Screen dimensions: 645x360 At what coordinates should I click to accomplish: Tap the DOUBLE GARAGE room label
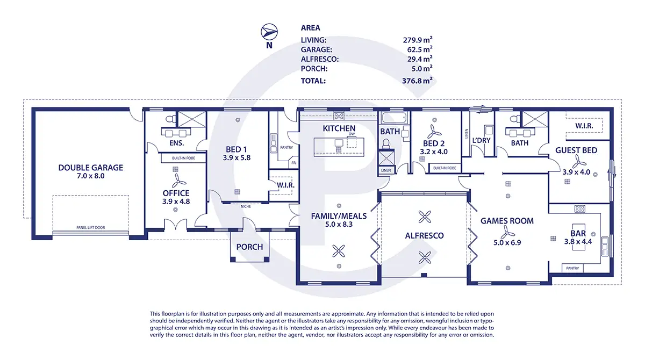(x=91, y=168)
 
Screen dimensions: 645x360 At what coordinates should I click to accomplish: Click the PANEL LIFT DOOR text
(x=90, y=228)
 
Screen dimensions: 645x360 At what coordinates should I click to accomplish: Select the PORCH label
(x=250, y=247)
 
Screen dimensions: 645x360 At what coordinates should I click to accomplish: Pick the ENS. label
(x=176, y=143)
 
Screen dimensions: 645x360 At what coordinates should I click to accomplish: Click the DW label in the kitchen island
(x=352, y=134)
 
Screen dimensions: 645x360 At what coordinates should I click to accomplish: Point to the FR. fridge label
(x=293, y=162)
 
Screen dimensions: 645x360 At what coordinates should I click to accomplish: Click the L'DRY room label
(x=481, y=141)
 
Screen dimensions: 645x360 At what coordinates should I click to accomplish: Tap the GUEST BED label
(x=576, y=150)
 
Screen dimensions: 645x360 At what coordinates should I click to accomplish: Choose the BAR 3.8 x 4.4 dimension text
(x=578, y=242)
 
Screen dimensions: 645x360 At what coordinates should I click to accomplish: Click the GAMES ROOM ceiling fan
(x=505, y=232)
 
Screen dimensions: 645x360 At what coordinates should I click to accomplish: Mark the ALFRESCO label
(x=424, y=235)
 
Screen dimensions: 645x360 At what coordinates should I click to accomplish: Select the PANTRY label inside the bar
(x=573, y=268)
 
